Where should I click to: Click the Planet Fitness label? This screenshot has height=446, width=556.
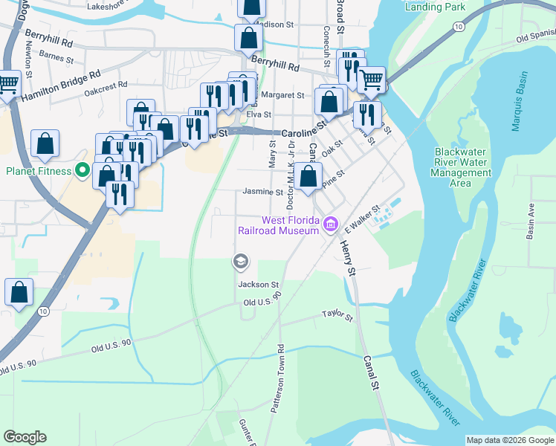39,171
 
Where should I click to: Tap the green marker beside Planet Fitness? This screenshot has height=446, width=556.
82,171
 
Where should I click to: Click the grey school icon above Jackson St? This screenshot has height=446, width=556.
240,261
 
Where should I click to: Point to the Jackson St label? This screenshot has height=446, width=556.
258,284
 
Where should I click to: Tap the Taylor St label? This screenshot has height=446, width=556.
337,317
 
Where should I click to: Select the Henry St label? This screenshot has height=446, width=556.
346,258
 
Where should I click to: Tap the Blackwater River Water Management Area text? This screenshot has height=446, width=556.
461,167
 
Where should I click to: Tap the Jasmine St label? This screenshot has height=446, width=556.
263,191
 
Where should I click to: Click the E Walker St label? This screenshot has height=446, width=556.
363,221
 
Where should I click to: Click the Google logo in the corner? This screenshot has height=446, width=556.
25,437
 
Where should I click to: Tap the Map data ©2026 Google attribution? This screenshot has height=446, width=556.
509,440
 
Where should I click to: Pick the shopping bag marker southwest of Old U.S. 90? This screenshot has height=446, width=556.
19,293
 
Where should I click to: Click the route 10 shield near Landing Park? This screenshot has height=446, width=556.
459,27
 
